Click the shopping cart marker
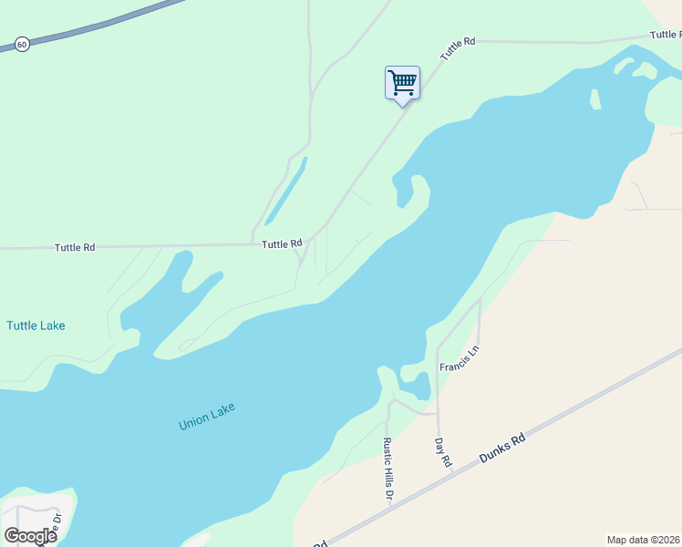pyautogui.click(x=402, y=83)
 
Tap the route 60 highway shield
pyautogui.click(x=21, y=43)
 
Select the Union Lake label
pyautogui.click(x=207, y=416)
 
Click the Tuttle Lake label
pyautogui.click(x=36, y=325)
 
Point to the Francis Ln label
pyautogui.click(x=459, y=358)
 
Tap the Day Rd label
pyautogui.click(x=443, y=452)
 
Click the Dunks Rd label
pyautogui.click(x=504, y=451)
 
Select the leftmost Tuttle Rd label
pyautogui.click(x=75, y=247)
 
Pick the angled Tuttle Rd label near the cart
pyautogui.click(x=458, y=49)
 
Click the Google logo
pyautogui.click(x=30, y=535)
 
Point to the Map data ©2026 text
pyautogui.click(x=643, y=540)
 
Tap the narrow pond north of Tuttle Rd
pyautogui.click(x=285, y=192)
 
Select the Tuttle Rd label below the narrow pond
pyautogui.click(x=282, y=244)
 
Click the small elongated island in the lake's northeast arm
pyautogui.click(x=595, y=99)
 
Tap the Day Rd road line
pyautogui.click(x=438, y=401)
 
